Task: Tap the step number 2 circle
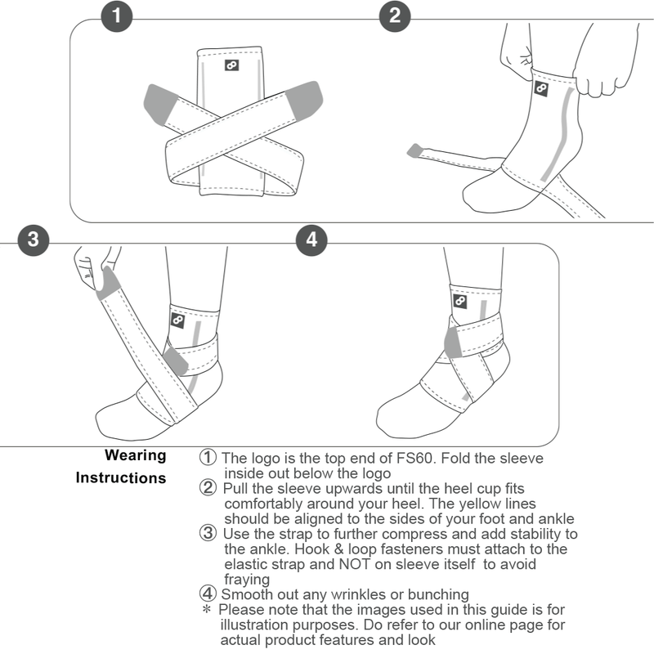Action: (x=396, y=16)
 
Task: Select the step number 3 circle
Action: (x=33, y=240)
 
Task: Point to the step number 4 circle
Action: (x=311, y=240)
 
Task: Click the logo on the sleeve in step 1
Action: (x=232, y=66)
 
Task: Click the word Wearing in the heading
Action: (x=135, y=455)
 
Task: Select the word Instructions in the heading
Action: (x=121, y=477)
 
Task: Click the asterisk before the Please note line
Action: (x=207, y=611)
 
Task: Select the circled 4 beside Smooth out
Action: (x=208, y=594)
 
